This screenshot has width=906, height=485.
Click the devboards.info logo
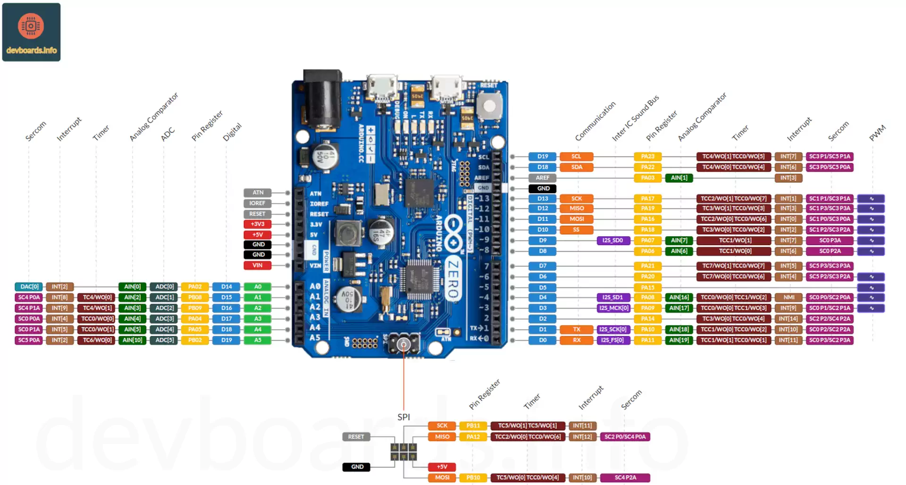tap(31, 32)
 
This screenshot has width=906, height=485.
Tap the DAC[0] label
tap(29, 287)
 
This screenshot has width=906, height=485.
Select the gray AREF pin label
tap(543, 178)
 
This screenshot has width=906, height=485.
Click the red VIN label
tap(257, 265)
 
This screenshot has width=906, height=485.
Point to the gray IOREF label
tap(257, 203)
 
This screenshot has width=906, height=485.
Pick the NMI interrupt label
tap(789, 298)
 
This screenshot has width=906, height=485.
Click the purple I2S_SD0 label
tap(612, 240)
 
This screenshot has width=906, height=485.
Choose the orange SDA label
tap(577, 167)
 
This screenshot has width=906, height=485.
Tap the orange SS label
tap(576, 230)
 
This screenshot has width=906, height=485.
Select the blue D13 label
tap(543, 199)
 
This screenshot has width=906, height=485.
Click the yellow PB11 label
tap(473, 426)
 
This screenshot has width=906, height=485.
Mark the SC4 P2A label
tap(625, 478)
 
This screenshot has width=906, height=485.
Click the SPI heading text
tap(403, 417)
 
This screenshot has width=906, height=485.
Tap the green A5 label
tap(258, 340)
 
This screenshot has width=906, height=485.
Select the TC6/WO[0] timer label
tap(97, 340)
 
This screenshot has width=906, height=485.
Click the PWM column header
tap(877, 133)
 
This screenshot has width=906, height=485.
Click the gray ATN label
tap(258, 193)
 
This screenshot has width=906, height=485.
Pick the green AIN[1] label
tap(679, 178)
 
